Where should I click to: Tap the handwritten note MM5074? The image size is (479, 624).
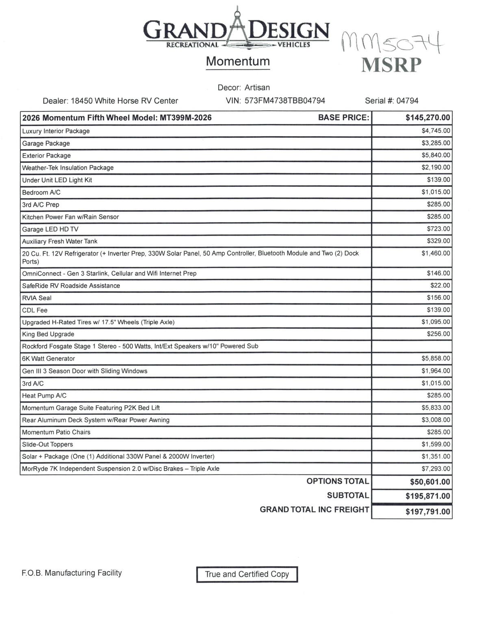pos(392,42)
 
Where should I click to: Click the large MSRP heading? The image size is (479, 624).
pos(391,65)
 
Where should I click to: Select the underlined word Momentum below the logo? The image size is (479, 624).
pos(238,61)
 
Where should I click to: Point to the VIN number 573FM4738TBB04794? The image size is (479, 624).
pos(285,101)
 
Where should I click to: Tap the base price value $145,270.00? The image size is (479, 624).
pos(427,118)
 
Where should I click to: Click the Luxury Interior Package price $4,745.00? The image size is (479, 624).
pos(436,131)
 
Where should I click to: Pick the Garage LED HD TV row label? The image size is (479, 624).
pos(50,229)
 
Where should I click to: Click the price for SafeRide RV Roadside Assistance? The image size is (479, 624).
pos(440,286)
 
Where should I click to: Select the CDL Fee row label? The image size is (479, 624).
pos(35,310)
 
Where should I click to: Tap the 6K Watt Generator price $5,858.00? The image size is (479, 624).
pos(436,358)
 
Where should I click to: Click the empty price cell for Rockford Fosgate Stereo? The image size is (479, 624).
pos(412,347)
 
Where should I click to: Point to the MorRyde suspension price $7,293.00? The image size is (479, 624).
pos(436,469)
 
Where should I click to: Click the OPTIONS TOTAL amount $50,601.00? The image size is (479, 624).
pos(430,482)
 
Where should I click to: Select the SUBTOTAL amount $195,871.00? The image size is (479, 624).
pos(427,496)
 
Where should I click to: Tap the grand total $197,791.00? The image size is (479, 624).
pos(427,511)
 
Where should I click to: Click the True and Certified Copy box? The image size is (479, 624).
pos(247,574)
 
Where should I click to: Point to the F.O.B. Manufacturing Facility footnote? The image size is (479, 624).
pos(72,573)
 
